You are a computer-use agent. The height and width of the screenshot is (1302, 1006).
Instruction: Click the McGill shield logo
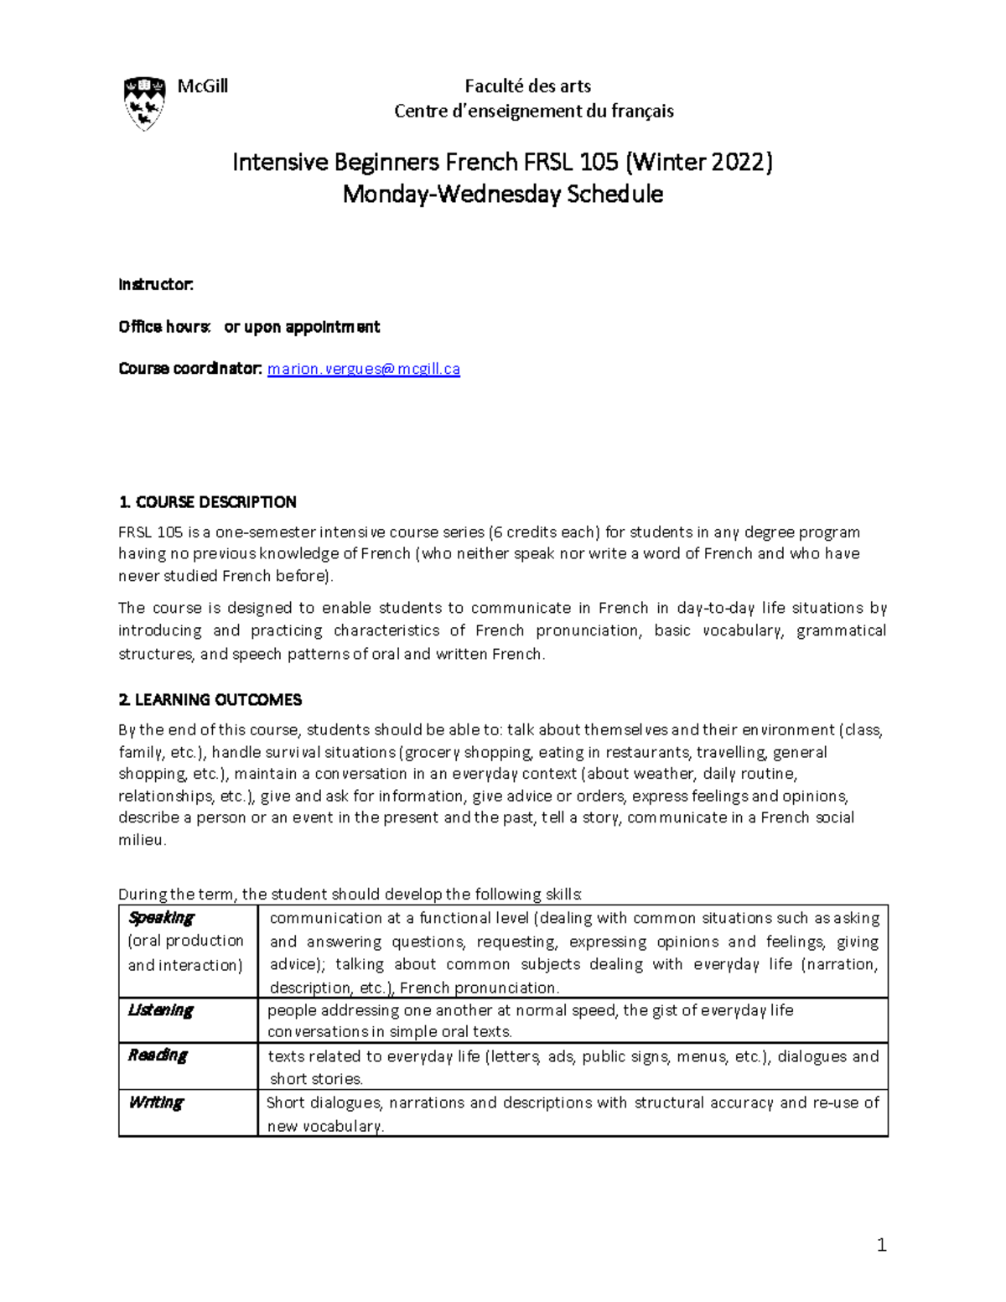[x=144, y=103]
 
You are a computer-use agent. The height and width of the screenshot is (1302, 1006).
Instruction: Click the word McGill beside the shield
[x=202, y=86]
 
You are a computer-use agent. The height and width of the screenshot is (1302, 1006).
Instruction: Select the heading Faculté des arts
[x=528, y=86]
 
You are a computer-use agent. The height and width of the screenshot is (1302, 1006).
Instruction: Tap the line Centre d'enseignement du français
[x=533, y=111]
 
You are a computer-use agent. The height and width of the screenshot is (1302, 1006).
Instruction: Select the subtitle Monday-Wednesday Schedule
[x=503, y=195]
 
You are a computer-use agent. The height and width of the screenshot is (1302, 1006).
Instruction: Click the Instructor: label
[x=156, y=285]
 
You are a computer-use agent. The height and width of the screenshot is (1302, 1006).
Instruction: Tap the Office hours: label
[x=164, y=327]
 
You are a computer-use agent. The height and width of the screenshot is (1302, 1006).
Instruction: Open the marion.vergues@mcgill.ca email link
[x=363, y=369]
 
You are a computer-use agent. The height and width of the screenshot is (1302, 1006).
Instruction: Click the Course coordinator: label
[x=190, y=369]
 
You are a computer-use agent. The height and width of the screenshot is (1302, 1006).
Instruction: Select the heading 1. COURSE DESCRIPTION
[x=207, y=502]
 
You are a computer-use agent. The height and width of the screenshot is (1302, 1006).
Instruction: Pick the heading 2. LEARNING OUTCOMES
[x=210, y=700]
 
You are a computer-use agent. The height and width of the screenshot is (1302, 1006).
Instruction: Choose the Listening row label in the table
[x=160, y=1010]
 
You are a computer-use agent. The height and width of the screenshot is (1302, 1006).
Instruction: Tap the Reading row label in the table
[x=158, y=1056]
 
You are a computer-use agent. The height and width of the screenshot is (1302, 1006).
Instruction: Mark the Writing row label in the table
[x=155, y=1102]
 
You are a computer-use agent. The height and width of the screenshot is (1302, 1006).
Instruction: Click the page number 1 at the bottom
[x=880, y=1246]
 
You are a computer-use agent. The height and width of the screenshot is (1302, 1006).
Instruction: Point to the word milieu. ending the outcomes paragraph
[x=143, y=840]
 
